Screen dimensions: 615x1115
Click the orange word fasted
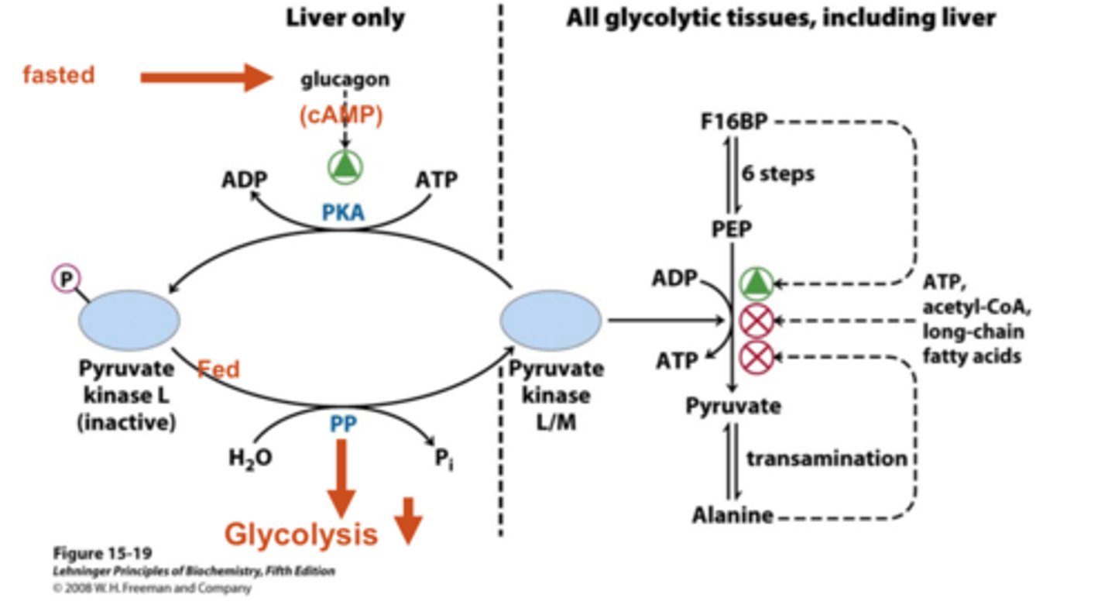point(59,75)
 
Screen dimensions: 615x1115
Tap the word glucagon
point(345,79)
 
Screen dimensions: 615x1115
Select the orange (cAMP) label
point(341,115)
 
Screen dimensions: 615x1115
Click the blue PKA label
point(343,213)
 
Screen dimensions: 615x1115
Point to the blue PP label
point(343,425)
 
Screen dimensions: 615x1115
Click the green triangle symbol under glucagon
point(345,166)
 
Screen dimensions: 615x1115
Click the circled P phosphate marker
point(66,278)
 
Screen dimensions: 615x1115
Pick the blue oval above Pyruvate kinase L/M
point(551,320)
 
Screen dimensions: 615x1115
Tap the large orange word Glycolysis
point(301,534)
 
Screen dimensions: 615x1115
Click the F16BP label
point(732,122)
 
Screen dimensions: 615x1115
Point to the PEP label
point(732,229)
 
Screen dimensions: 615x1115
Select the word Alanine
point(732,515)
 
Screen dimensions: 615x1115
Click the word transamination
point(826,459)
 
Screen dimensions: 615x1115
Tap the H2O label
point(250,459)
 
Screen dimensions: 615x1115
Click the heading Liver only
point(345,17)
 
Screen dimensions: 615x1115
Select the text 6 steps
point(777,174)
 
